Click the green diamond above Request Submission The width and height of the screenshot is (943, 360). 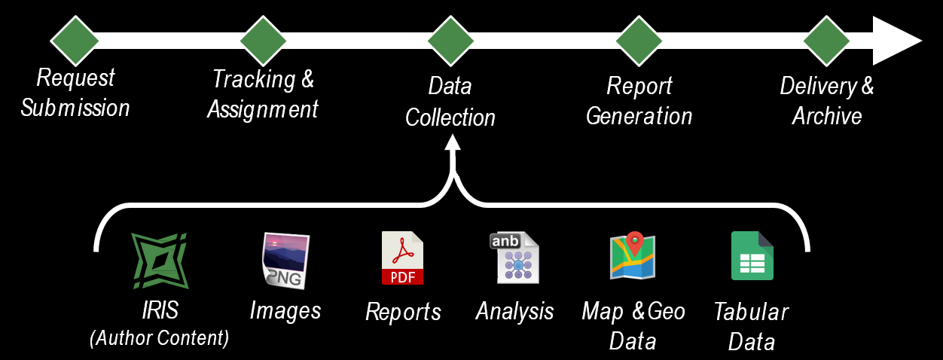(x=75, y=41)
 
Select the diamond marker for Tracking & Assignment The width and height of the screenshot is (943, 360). (x=263, y=41)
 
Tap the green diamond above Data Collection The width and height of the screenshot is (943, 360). (x=450, y=41)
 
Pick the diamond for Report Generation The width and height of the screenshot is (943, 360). (x=639, y=41)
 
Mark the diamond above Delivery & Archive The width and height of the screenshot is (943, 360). (x=827, y=41)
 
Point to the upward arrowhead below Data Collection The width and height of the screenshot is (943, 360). (x=452, y=145)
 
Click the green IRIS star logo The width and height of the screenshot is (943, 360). (x=160, y=261)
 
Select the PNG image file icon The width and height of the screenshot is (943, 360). (x=285, y=261)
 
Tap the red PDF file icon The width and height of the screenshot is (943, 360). (x=402, y=258)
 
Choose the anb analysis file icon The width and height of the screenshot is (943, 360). (x=517, y=258)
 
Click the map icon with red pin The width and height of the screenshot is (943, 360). (x=633, y=256)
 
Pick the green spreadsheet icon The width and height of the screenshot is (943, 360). (x=752, y=256)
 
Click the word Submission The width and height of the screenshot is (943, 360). (x=75, y=108)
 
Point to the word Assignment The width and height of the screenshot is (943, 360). (x=263, y=110)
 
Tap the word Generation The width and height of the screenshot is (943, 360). (x=639, y=117)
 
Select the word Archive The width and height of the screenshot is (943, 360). (x=826, y=117)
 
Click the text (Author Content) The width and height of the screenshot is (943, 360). (x=159, y=338)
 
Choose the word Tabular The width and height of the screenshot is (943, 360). (x=751, y=313)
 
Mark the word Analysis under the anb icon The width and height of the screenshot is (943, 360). (x=515, y=311)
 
